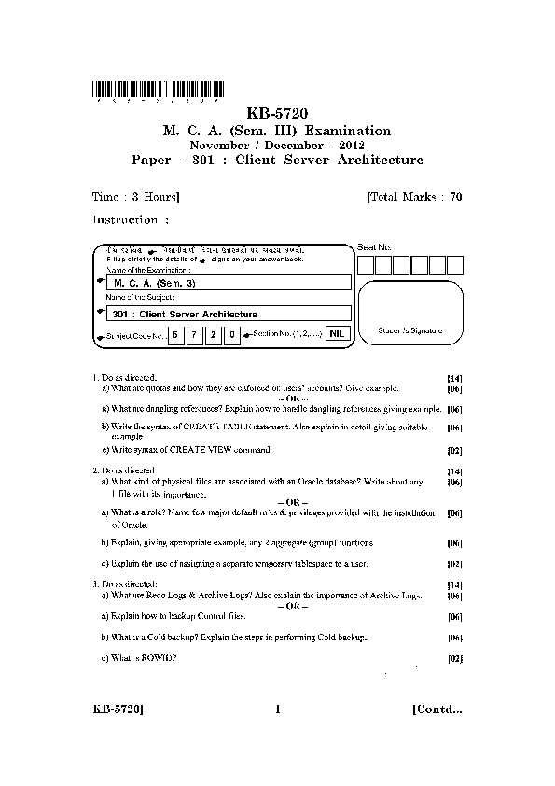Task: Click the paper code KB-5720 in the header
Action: pos(277,114)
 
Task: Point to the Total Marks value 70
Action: pos(455,198)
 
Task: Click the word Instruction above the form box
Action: pos(125,220)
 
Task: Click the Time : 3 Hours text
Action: pos(136,198)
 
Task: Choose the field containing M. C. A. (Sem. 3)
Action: pos(229,282)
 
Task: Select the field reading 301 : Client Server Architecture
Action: pos(229,314)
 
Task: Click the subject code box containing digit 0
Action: pos(232,333)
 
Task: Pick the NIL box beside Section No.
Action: pos(338,332)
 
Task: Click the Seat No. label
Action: pos(376,247)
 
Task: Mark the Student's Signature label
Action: pos(410,331)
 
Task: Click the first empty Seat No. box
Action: pos(366,265)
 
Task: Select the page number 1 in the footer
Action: pos(278,709)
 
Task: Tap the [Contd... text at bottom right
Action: pos(437,709)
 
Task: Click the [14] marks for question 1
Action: pos(455,377)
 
